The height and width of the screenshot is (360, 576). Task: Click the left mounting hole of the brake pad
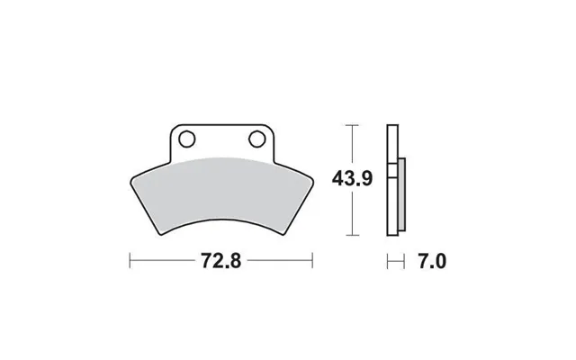tap(186, 139)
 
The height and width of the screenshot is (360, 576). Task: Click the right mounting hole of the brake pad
tap(256, 139)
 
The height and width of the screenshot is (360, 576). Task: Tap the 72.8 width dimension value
tap(221, 261)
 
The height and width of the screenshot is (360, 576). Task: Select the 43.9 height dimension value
tap(352, 179)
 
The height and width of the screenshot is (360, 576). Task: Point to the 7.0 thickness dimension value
tap(432, 262)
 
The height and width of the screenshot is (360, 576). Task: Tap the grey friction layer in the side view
tap(402, 194)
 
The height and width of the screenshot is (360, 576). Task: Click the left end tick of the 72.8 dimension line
tap(130, 260)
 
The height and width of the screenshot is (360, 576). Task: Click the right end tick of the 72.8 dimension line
tap(312, 260)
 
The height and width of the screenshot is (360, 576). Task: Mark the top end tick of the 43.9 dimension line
tap(352, 125)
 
